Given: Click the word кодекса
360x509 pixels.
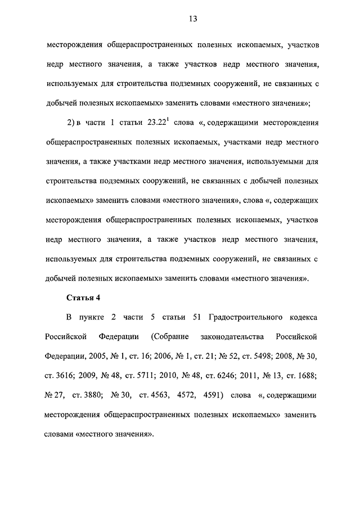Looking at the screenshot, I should (x=301, y=318).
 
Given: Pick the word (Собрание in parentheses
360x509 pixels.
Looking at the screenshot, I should (x=169, y=337).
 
